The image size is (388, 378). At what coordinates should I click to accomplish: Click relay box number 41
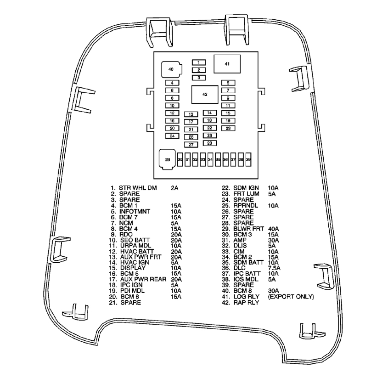click(x=226, y=64)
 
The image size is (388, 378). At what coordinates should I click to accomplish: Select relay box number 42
click(x=205, y=94)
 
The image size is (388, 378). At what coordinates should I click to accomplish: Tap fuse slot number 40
click(x=170, y=69)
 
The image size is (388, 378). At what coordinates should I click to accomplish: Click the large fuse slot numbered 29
click(x=167, y=159)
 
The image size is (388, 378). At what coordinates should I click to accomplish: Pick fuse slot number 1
click(x=199, y=62)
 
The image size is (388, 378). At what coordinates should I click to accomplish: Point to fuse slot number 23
click(x=228, y=128)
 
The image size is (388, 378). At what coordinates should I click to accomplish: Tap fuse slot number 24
click(x=172, y=136)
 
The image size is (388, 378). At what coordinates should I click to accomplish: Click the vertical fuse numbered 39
click(x=248, y=159)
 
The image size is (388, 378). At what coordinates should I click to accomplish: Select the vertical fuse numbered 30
click(x=180, y=159)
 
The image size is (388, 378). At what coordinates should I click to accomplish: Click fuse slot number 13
click(x=191, y=114)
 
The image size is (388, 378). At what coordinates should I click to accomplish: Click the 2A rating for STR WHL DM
click(x=174, y=188)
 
